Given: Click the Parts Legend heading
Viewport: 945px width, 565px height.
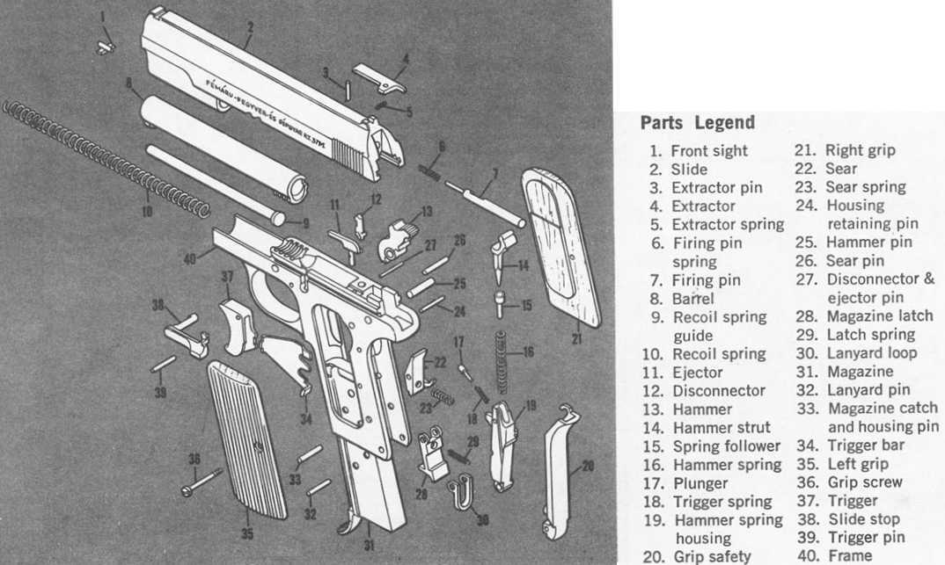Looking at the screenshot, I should [x=697, y=122].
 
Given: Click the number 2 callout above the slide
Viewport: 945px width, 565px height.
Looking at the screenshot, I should [x=249, y=26].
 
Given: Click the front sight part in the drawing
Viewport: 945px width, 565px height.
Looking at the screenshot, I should [x=106, y=45].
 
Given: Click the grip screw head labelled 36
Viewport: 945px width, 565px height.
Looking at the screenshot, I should [x=189, y=489].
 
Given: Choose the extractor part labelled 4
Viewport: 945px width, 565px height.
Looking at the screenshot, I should [x=380, y=78].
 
